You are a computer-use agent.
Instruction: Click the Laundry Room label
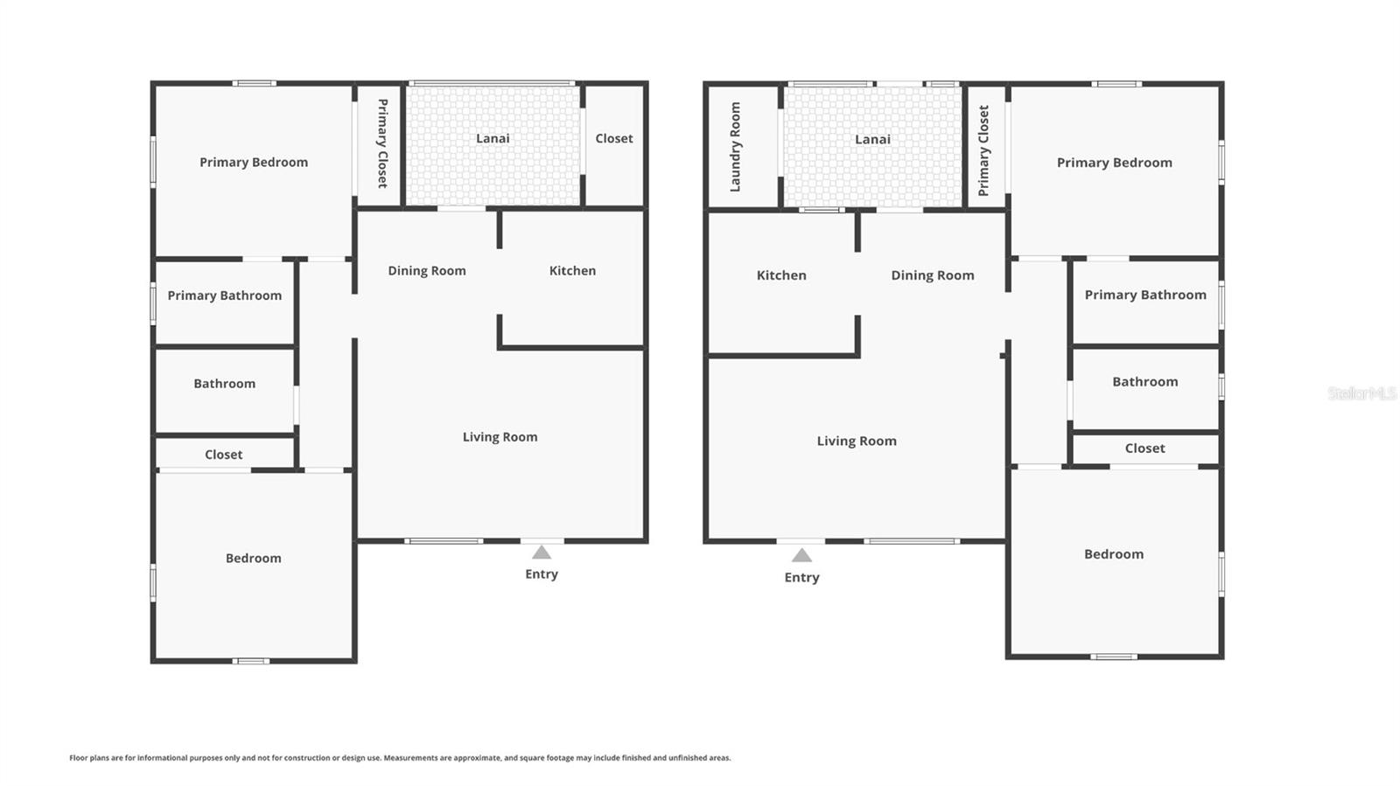click(x=735, y=147)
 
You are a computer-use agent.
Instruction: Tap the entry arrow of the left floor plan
click(x=542, y=553)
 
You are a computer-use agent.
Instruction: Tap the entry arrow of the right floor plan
click(x=801, y=556)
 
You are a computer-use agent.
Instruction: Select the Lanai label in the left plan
click(x=493, y=138)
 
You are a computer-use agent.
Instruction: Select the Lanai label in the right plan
click(x=872, y=139)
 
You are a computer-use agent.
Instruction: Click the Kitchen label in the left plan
click(x=572, y=271)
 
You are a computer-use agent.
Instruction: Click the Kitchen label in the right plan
click(x=781, y=275)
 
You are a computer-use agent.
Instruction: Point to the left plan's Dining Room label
click(x=427, y=271)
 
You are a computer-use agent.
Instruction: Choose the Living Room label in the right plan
click(x=857, y=441)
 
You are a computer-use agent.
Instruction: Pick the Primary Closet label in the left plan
click(x=382, y=143)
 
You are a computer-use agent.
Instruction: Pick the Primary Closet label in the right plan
click(x=983, y=150)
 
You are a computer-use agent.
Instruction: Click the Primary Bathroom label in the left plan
click(x=225, y=296)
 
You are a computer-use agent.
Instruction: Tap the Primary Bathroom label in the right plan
click(x=1145, y=295)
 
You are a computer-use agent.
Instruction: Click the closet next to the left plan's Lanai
click(x=614, y=138)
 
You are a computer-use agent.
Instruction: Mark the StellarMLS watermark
click(x=1361, y=393)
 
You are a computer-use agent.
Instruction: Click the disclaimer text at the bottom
click(x=400, y=758)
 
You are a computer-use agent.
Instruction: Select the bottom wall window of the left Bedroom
click(x=251, y=661)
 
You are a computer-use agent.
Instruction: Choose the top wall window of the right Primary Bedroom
click(x=1116, y=84)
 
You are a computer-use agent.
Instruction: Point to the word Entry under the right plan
click(x=801, y=577)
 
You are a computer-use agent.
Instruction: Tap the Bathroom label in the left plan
click(x=225, y=384)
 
